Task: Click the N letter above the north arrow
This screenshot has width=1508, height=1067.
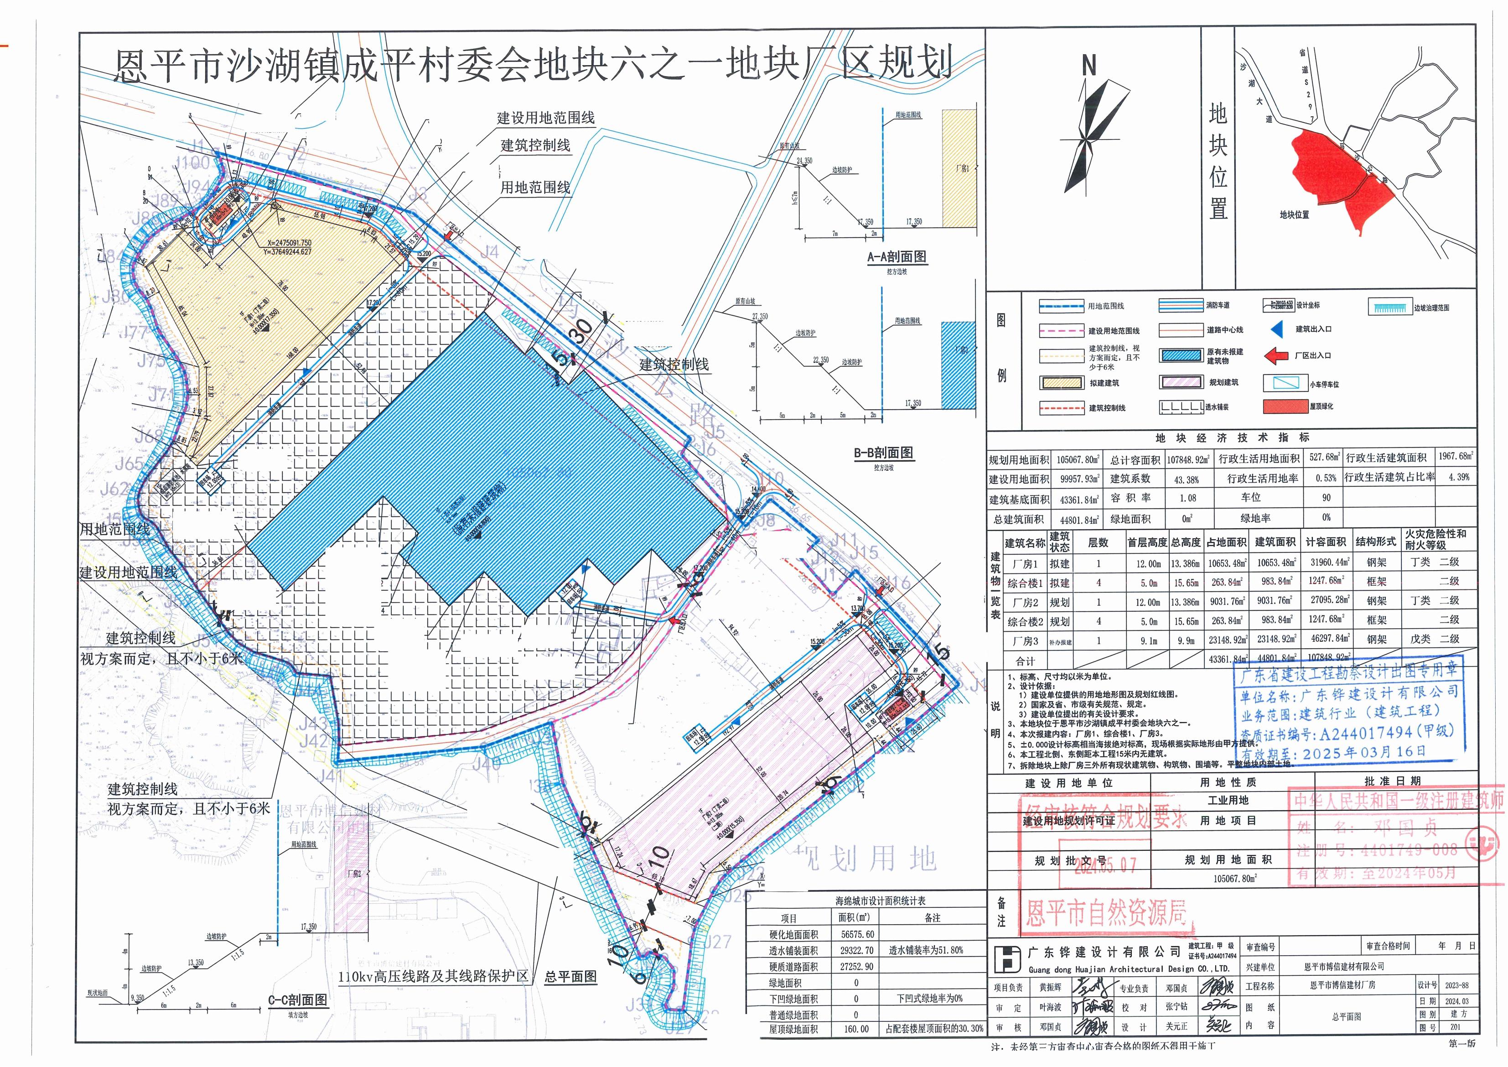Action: [1089, 66]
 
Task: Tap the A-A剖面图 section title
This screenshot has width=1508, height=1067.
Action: [897, 257]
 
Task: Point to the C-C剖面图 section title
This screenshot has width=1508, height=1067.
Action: [297, 999]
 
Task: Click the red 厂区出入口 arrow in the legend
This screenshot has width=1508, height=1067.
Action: [1275, 355]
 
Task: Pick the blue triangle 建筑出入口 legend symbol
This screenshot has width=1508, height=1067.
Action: [1275, 329]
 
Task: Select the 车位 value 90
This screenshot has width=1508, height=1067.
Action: [1326, 498]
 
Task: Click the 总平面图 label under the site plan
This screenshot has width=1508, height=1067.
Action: [571, 976]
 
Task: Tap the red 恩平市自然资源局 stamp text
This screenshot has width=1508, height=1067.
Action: [1107, 913]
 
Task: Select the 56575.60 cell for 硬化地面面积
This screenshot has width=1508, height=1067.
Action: [856, 934]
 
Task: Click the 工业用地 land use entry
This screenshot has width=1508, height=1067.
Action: [1228, 800]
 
